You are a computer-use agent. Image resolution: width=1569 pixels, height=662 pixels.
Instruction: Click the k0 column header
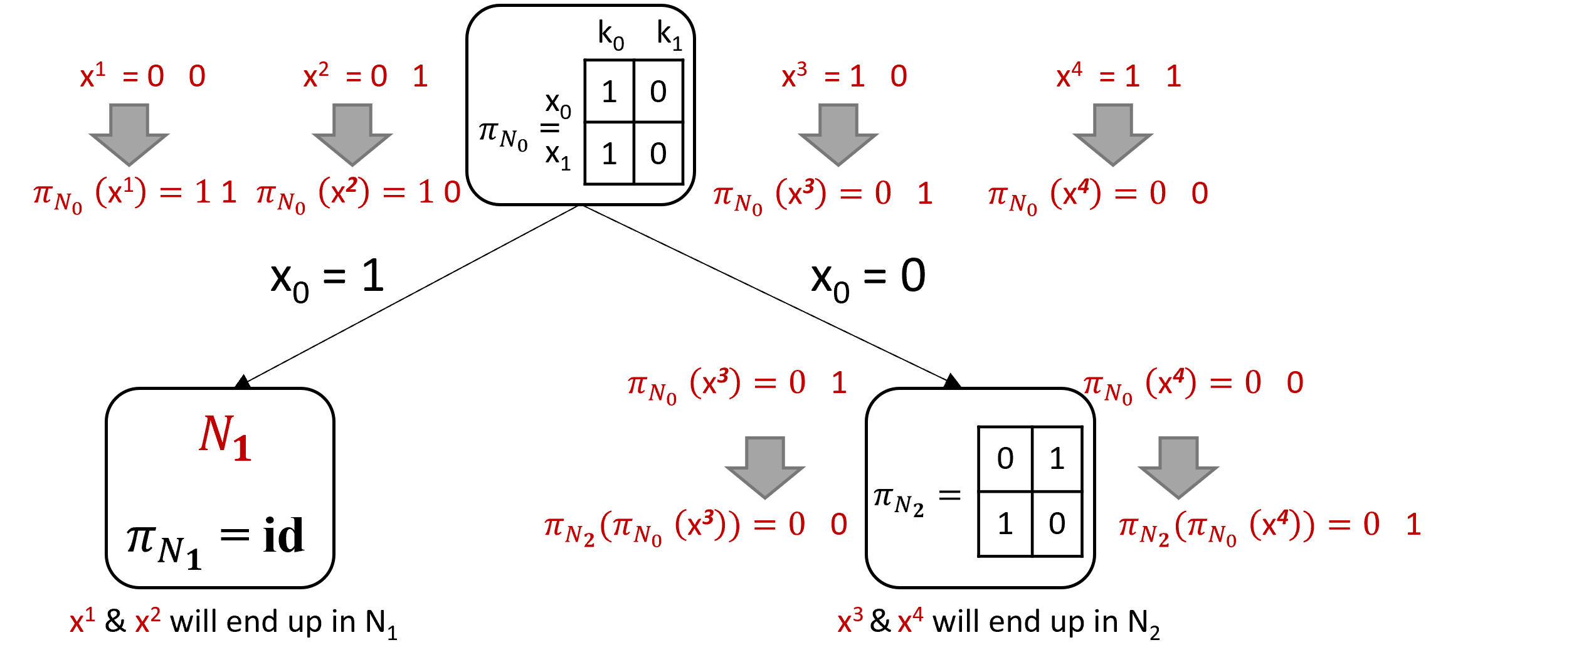[x=611, y=35]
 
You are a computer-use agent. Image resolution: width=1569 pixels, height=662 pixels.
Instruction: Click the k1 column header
[x=669, y=35]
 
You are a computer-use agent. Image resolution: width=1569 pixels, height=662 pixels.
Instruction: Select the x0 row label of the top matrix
[x=557, y=104]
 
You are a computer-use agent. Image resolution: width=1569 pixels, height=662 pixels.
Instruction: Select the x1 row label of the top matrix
[x=557, y=156]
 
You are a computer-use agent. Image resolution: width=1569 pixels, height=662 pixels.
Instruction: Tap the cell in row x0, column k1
[x=658, y=92]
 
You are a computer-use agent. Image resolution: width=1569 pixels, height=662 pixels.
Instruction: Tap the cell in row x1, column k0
[x=609, y=154]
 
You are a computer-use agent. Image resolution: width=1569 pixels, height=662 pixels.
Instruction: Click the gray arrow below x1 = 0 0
[x=129, y=135]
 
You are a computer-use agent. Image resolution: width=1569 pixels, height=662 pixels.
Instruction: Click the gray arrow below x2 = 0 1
[x=352, y=135]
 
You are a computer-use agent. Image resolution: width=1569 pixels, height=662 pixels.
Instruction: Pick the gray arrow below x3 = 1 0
[x=838, y=135]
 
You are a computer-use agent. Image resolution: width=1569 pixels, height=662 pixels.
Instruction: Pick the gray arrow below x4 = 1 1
[x=1112, y=135]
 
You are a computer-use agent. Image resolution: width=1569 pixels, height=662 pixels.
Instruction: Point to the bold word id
[x=283, y=536]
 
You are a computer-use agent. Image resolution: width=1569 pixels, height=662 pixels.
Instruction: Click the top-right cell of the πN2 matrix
[x=1057, y=459]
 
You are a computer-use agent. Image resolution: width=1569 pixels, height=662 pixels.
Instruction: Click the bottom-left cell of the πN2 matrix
[x=1005, y=524]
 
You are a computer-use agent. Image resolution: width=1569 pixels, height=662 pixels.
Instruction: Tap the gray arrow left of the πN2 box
[x=765, y=468]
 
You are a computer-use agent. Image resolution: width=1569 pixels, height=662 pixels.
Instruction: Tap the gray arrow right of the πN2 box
[x=1178, y=468]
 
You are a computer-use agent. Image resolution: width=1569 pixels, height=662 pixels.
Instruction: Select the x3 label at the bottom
[x=850, y=621]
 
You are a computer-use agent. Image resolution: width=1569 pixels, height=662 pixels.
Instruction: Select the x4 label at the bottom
[x=910, y=621]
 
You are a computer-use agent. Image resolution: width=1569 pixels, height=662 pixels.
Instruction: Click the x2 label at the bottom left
[x=148, y=621]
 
